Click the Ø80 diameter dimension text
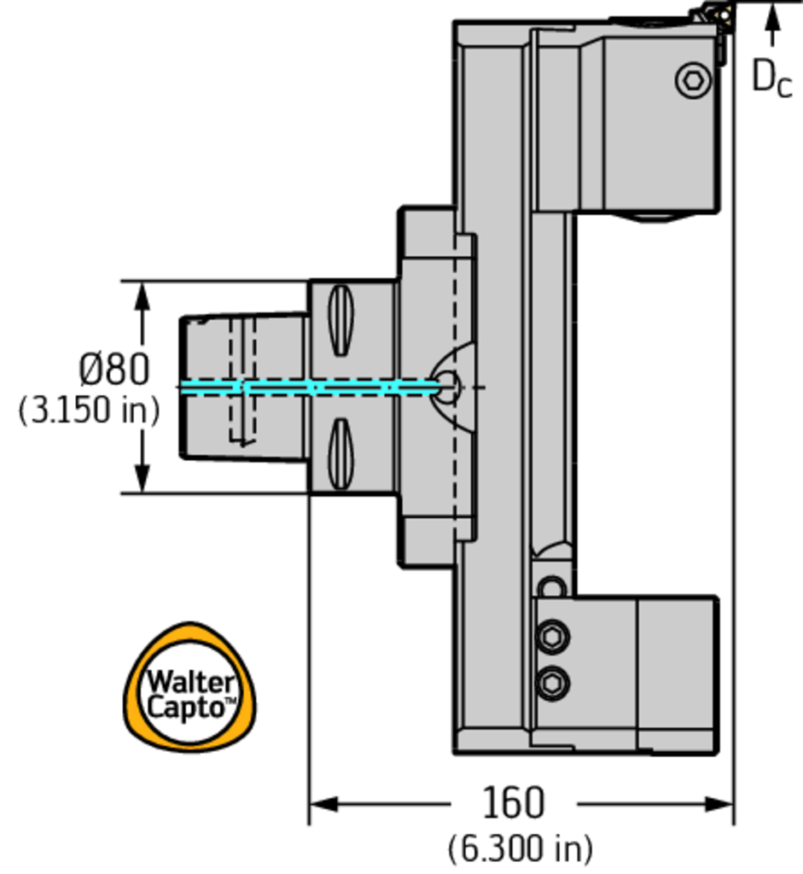pos(114,370)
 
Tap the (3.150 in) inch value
pos(89,411)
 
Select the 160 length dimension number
pos(513,803)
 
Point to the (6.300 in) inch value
pos(520,848)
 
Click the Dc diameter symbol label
pos(771,77)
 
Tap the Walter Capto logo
pos(191,688)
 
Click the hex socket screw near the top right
pos(693,81)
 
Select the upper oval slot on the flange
pos(340,320)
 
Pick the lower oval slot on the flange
pos(340,453)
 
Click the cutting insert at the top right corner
pos(711,15)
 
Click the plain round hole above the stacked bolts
pos(553,588)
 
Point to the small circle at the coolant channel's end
pos(448,387)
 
